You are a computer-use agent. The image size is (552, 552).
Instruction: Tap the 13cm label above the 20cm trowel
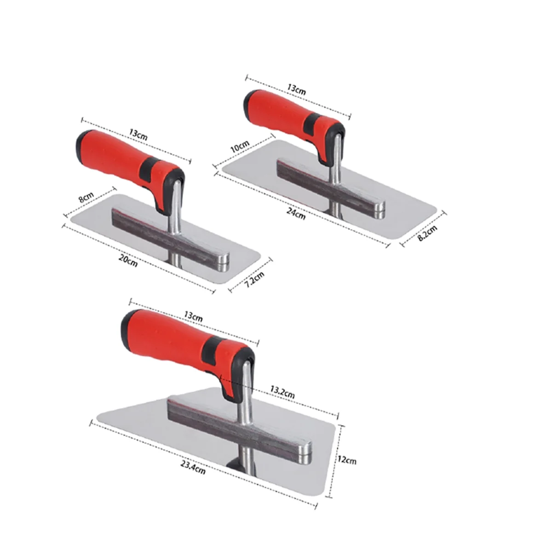(138, 137)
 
